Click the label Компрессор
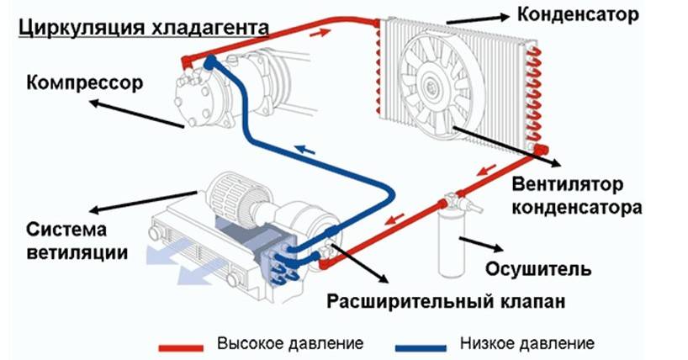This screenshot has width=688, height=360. pos(85,83)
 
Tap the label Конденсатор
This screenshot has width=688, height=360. pos(578,14)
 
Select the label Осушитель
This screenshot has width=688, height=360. pos(538,268)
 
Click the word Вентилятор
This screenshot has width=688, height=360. pos(567,184)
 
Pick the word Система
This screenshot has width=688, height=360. pos(66,230)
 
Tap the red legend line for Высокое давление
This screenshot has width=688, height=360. pos(181,348)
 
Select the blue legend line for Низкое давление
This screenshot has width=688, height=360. pos(421,348)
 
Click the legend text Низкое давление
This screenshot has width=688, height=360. pos(527,343)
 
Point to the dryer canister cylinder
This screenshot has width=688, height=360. pos(451,244)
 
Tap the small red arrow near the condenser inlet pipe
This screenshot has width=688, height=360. pos(320,32)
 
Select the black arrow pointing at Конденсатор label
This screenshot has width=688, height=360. pos(477,19)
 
